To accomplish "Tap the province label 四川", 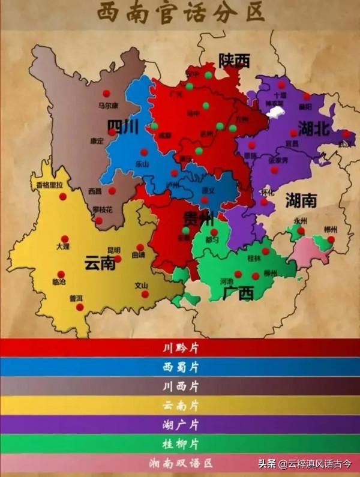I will coord(123,127).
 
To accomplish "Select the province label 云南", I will coord(100,263).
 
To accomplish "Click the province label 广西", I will coord(238,293).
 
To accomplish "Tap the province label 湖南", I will coord(301,199).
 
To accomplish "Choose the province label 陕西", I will coord(234,60).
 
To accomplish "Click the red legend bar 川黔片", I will coord(180,348).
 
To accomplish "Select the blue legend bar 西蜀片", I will coord(180,367).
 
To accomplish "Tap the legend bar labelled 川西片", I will coord(180,386).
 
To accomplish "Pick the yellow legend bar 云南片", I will coord(180,406).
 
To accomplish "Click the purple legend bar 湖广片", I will coord(180,425).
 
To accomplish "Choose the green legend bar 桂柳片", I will coord(180,444).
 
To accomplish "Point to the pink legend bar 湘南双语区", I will coord(180,463).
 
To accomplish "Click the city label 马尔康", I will coord(109,106).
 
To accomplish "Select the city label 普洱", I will coord(77,298).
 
